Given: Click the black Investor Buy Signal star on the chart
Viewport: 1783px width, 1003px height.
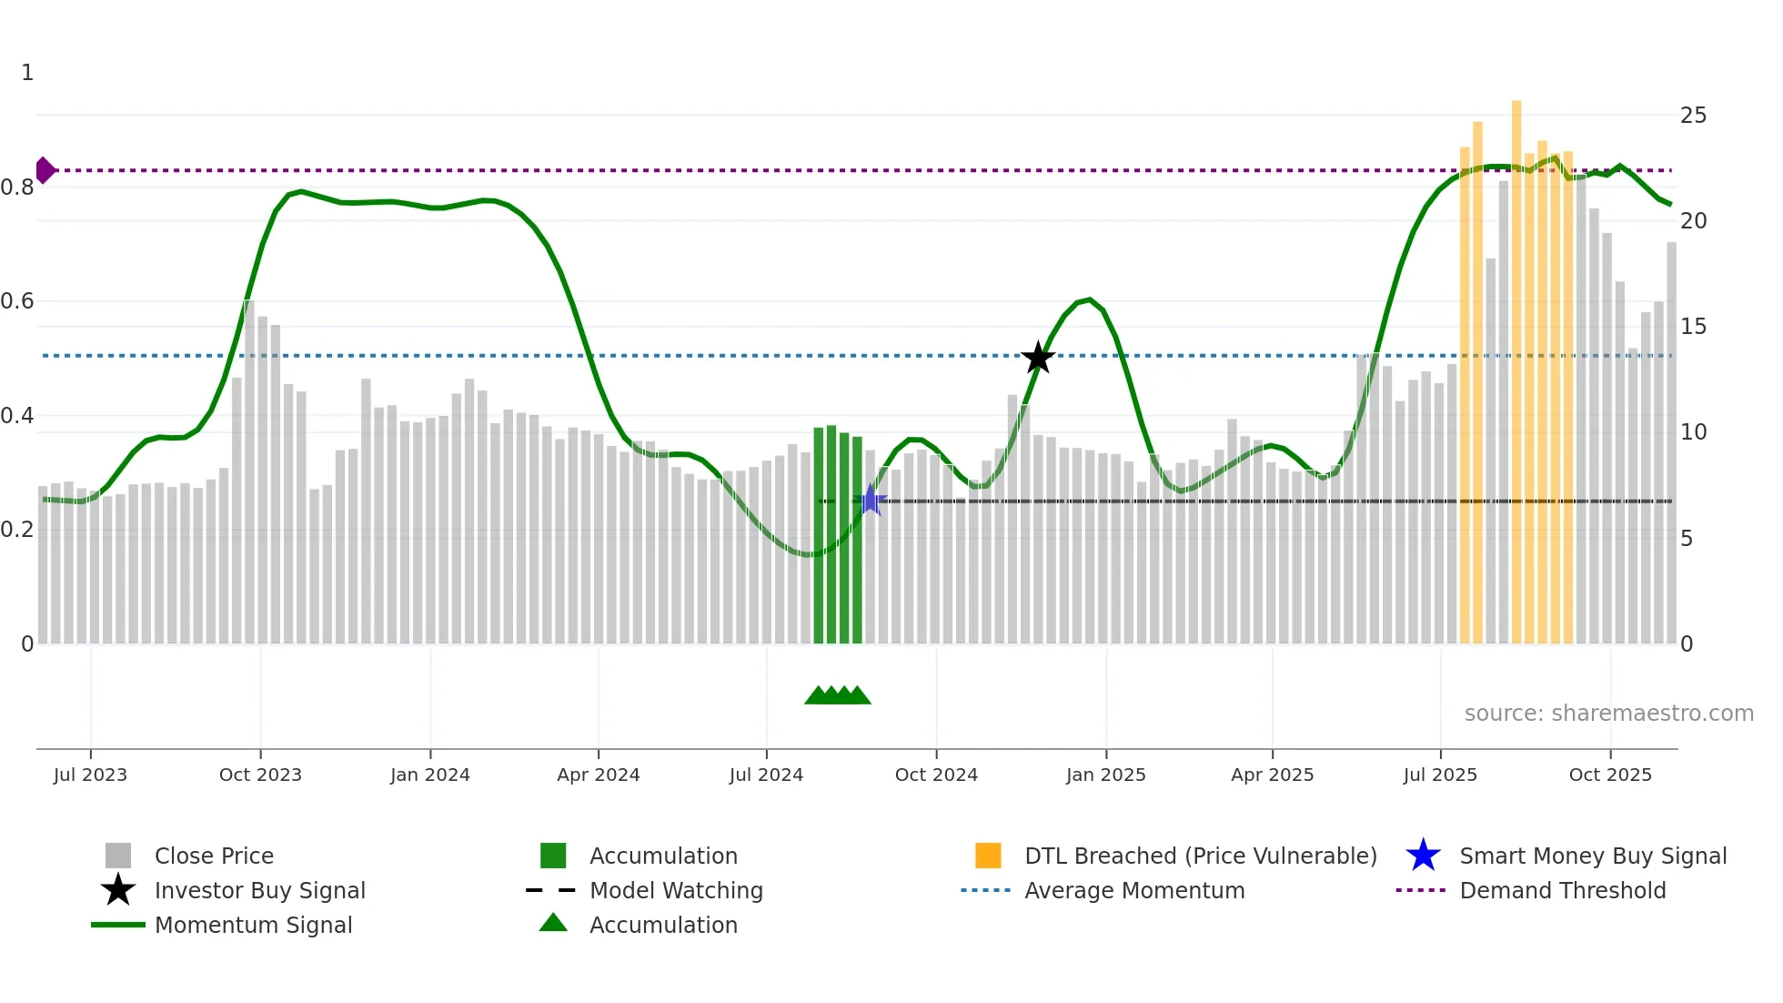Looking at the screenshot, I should (x=1038, y=358).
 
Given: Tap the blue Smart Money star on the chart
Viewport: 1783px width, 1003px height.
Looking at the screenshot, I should (x=871, y=500).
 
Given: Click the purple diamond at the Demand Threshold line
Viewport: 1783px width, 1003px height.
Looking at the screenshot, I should (x=45, y=170).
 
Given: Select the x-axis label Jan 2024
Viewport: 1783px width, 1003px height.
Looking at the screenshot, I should (x=429, y=775).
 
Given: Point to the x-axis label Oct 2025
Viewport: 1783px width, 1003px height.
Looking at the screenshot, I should (x=1610, y=775).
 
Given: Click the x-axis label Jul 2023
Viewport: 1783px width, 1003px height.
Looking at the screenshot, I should (x=90, y=775).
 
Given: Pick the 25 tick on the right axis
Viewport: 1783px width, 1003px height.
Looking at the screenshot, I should (x=1693, y=116).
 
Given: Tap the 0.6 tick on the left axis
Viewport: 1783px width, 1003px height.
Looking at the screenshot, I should (x=18, y=301).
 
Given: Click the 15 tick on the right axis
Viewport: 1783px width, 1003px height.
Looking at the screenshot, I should (x=1693, y=327).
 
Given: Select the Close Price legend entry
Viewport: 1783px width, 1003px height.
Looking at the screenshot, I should (x=214, y=856).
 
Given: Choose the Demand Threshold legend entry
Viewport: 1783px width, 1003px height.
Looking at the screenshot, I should (x=1562, y=891).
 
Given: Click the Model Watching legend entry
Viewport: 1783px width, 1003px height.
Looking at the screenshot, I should (x=676, y=891).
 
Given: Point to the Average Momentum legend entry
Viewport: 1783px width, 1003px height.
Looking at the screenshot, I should (x=1134, y=891).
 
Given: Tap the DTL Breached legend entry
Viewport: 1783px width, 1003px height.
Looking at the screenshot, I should (x=1200, y=856).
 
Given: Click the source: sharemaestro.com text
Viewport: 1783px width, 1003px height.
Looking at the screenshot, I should (x=1608, y=714).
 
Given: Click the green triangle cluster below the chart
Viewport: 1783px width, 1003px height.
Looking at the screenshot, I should (x=838, y=695).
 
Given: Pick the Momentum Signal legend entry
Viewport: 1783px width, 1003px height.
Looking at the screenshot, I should (x=253, y=926).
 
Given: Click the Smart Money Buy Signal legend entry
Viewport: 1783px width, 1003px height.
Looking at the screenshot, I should (x=1592, y=856).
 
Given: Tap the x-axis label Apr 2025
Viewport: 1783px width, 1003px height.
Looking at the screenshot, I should (x=1272, y=775).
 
